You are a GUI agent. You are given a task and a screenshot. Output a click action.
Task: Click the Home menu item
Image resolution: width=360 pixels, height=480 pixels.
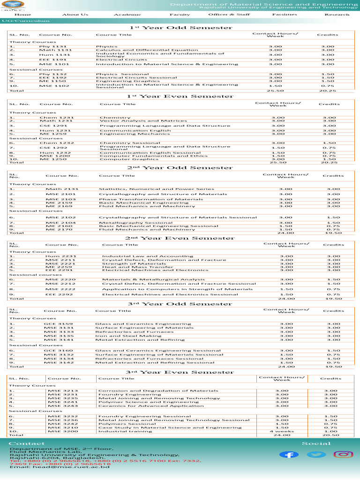pos(22,15)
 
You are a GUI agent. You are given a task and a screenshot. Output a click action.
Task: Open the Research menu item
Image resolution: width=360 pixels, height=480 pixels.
pos(337,15)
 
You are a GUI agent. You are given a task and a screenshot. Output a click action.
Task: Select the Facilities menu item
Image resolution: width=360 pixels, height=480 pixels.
pos(285,15)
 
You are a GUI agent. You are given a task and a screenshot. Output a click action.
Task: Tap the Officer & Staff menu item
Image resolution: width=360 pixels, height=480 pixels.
pos(229,15)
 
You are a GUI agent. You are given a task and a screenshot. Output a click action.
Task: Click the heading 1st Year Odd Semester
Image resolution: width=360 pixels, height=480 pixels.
pos(180,28)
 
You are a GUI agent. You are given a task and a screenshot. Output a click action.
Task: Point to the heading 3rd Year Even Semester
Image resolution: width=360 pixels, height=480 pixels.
pos(180,372)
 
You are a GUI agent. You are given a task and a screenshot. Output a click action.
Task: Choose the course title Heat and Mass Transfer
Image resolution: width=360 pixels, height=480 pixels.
pos(131,267)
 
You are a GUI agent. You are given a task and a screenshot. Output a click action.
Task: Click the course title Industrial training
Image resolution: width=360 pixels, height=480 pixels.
pos(119,431)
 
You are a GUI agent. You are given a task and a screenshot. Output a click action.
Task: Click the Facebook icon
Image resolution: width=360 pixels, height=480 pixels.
pos(289,455)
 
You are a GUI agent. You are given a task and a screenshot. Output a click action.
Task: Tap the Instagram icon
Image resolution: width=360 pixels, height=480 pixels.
pos(343,454)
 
